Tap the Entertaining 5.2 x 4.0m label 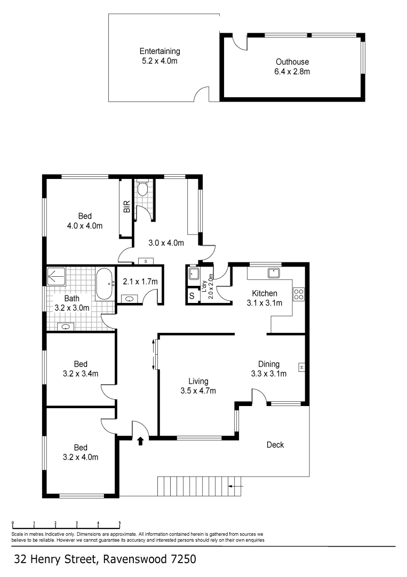[159, 56]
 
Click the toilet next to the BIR [142, 189]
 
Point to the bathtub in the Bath [104, 284]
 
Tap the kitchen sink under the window [275, 273]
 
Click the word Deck [275, 445]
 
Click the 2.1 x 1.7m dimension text [140, 282]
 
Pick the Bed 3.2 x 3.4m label [80, 369]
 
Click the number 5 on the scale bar [119, 523]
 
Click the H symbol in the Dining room [301, 368]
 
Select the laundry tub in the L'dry [194, 274]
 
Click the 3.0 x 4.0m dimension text [166, 243]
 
